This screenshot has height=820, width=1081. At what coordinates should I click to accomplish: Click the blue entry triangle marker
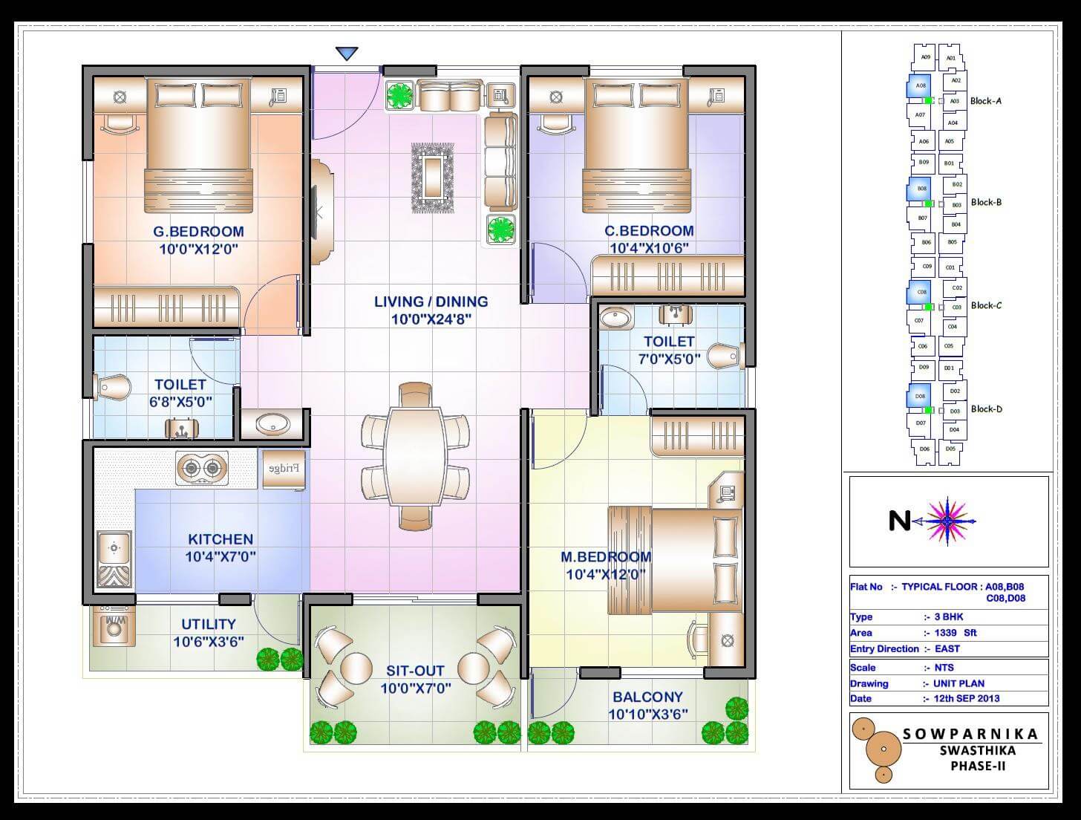coord(347,53)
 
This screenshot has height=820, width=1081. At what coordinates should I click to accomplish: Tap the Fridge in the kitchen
coord(283,469)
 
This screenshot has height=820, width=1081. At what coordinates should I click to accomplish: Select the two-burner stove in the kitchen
coord(201,468)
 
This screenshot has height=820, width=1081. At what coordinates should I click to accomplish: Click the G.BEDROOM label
coord(198,232)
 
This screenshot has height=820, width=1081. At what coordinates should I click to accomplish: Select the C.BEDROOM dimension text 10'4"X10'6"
coord(649,248)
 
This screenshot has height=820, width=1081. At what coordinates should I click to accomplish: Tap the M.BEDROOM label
coord(606,556)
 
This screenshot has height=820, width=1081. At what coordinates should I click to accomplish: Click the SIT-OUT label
coord(415,671)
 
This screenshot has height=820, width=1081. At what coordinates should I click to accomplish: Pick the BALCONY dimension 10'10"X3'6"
coord(648,715)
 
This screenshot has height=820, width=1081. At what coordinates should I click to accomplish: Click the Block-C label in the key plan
coord(986,305)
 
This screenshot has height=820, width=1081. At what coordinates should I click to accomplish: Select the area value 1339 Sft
coord(960,633)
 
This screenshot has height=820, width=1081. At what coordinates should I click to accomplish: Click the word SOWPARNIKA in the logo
coord(970,735)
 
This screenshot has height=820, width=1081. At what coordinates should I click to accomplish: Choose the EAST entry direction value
coord(947,649)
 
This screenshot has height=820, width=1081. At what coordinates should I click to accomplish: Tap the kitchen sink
coord(114,550)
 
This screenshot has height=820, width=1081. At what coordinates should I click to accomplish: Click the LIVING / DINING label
coord(431,302)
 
